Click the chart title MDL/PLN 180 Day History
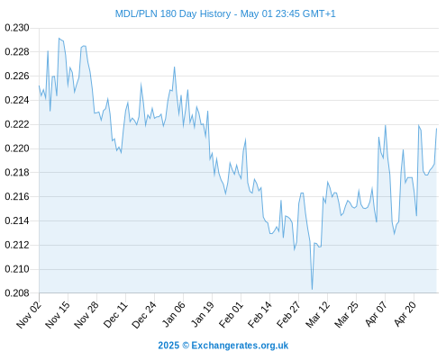click(x=173, y=13)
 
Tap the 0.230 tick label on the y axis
click(x=17, y=28)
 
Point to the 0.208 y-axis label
click(x=17, y=293)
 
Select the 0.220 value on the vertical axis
click(x=17, y=148)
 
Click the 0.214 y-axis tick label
click(x=17, y=220)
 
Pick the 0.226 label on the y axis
click(x=17, y=76)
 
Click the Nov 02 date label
click(x=29, y=314)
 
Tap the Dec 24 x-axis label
click(x=144, y=314)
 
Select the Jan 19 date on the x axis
click(x=203, y=314)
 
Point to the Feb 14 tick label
click(x=260, y=314)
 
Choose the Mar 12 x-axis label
click(x=318, y=314)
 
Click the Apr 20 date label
click(x=405, y=313)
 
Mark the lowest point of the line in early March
click(x=313, y=289)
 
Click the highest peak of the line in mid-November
click(x=59, y=39)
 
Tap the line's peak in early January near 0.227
click(x=174, y=67)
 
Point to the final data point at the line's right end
click(x=436, y=129)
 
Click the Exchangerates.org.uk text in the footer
click(x=240, y=346)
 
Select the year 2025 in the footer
click(x=168, y=346)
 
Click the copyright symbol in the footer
click(x=186, y=346)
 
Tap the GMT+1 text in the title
click(x=319, y=13)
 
